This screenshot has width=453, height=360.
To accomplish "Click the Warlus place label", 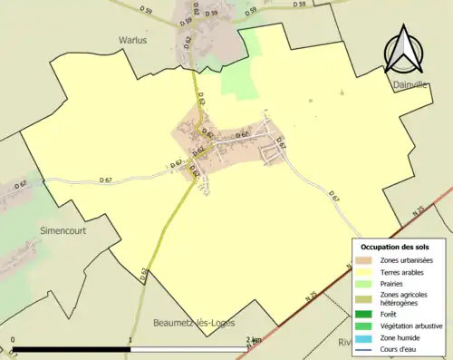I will pos(132,40).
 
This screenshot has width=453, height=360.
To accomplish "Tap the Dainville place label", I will pos(410,84).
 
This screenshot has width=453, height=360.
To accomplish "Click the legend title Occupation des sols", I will pos(395,247).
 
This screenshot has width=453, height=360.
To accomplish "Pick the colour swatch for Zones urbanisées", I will pos(367,260).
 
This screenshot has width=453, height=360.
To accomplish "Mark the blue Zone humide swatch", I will pos(367,337).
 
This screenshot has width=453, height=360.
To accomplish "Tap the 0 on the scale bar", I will pos(13,342).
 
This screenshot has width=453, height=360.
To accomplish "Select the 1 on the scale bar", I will pos(131,342).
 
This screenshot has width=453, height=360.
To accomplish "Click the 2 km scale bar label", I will pos(254,342).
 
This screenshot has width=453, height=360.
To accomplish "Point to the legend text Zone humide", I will pos(403,337).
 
